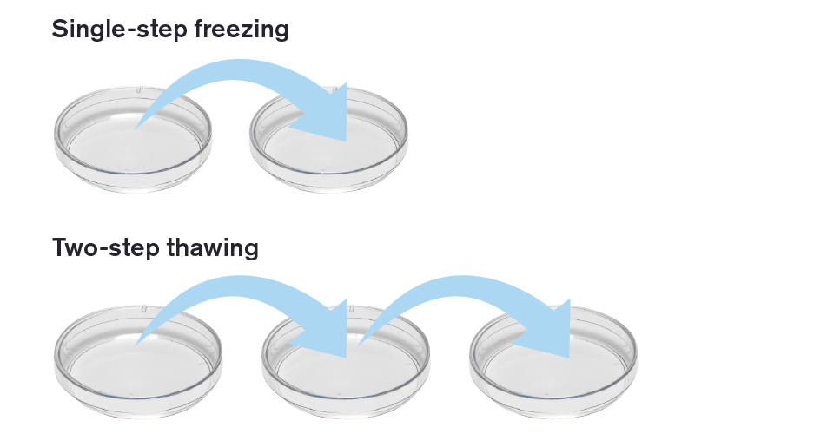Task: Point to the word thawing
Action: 216,248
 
